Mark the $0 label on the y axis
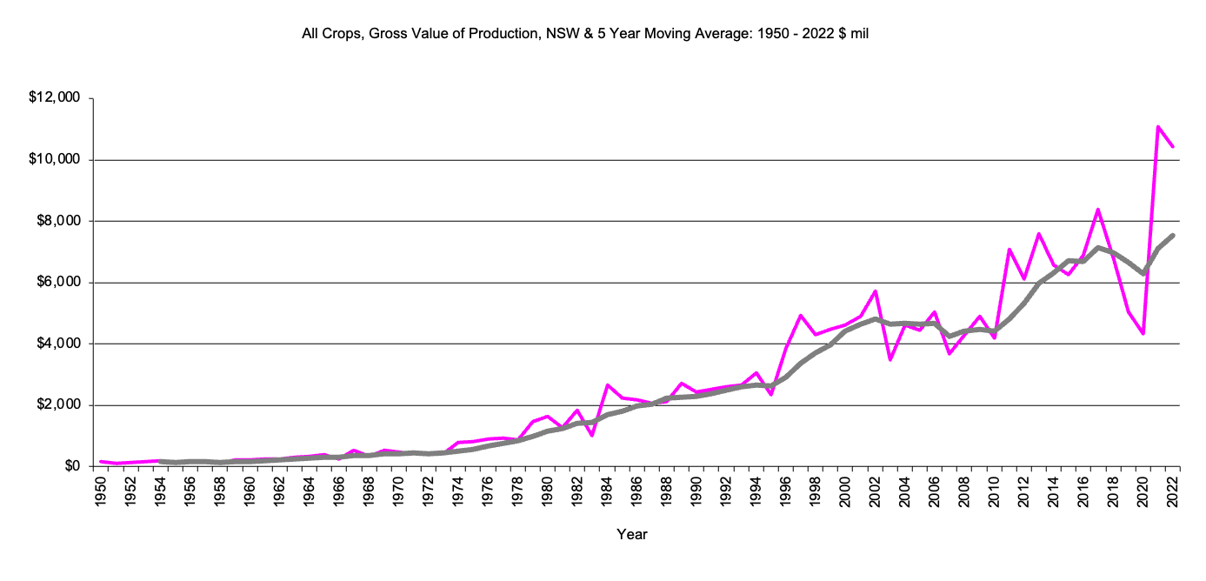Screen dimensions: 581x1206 click(x=70, y=467)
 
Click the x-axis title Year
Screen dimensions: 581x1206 click(x=632, y=534)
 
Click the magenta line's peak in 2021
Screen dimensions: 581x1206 click(x=1158, y=127)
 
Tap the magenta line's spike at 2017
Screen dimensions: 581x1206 click(x=1098, y=210)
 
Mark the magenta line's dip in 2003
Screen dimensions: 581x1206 click(x=890, y=359)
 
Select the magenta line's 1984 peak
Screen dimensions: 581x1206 click(x=608, y=385)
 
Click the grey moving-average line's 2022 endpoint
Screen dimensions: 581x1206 click(x=1173, y=235)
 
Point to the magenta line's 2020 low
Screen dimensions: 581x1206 click(x=1143, y=333)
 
